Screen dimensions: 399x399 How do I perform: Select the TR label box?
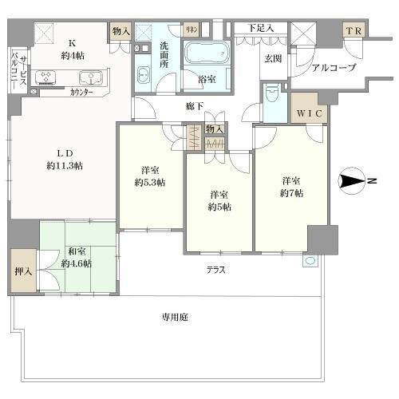pos(352,31)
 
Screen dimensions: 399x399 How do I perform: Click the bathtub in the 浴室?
pos(207,56)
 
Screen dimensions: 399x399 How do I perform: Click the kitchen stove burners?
pos(46,78)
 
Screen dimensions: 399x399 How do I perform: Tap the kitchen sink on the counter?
pos(87,79)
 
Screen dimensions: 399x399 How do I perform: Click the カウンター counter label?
pos(81,93)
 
